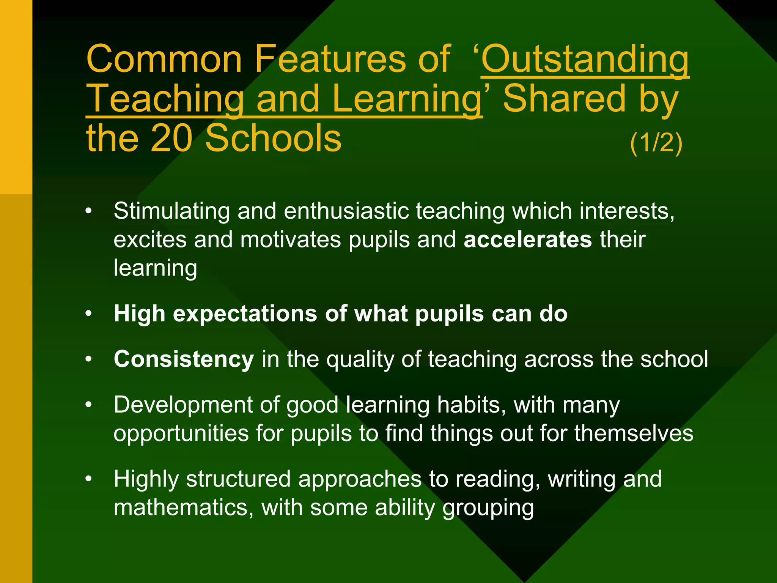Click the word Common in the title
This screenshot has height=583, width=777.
pyautogui.click(x=164, y=60)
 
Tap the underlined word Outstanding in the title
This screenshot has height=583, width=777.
pyautogui.click(x=585, y=60)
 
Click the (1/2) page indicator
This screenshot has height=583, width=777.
pyautogui.click(x=656, y=143)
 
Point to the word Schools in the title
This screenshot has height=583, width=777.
pyautogui.click(x=273, y=138)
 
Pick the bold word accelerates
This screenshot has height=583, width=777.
pyautogui.click(x=528, y=240)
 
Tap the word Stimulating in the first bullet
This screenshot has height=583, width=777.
pyautogui.click(x=172, y=211)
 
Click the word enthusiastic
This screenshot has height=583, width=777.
pyautogui.click(x=346, y=211)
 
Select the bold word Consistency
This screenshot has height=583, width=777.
pyautogui.click(x=184, y=359)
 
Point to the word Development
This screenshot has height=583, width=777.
pyautogui.click(x=183, y=405)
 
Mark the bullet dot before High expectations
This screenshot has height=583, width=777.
pyautogui.click(x=89, y=314)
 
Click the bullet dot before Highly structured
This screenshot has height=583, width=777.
pyautogui.click(x=89, y=479)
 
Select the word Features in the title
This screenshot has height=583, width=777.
pyautogui.click(x=330, y=60)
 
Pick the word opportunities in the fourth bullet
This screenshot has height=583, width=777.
pyautogui.click(x=181, y=434)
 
